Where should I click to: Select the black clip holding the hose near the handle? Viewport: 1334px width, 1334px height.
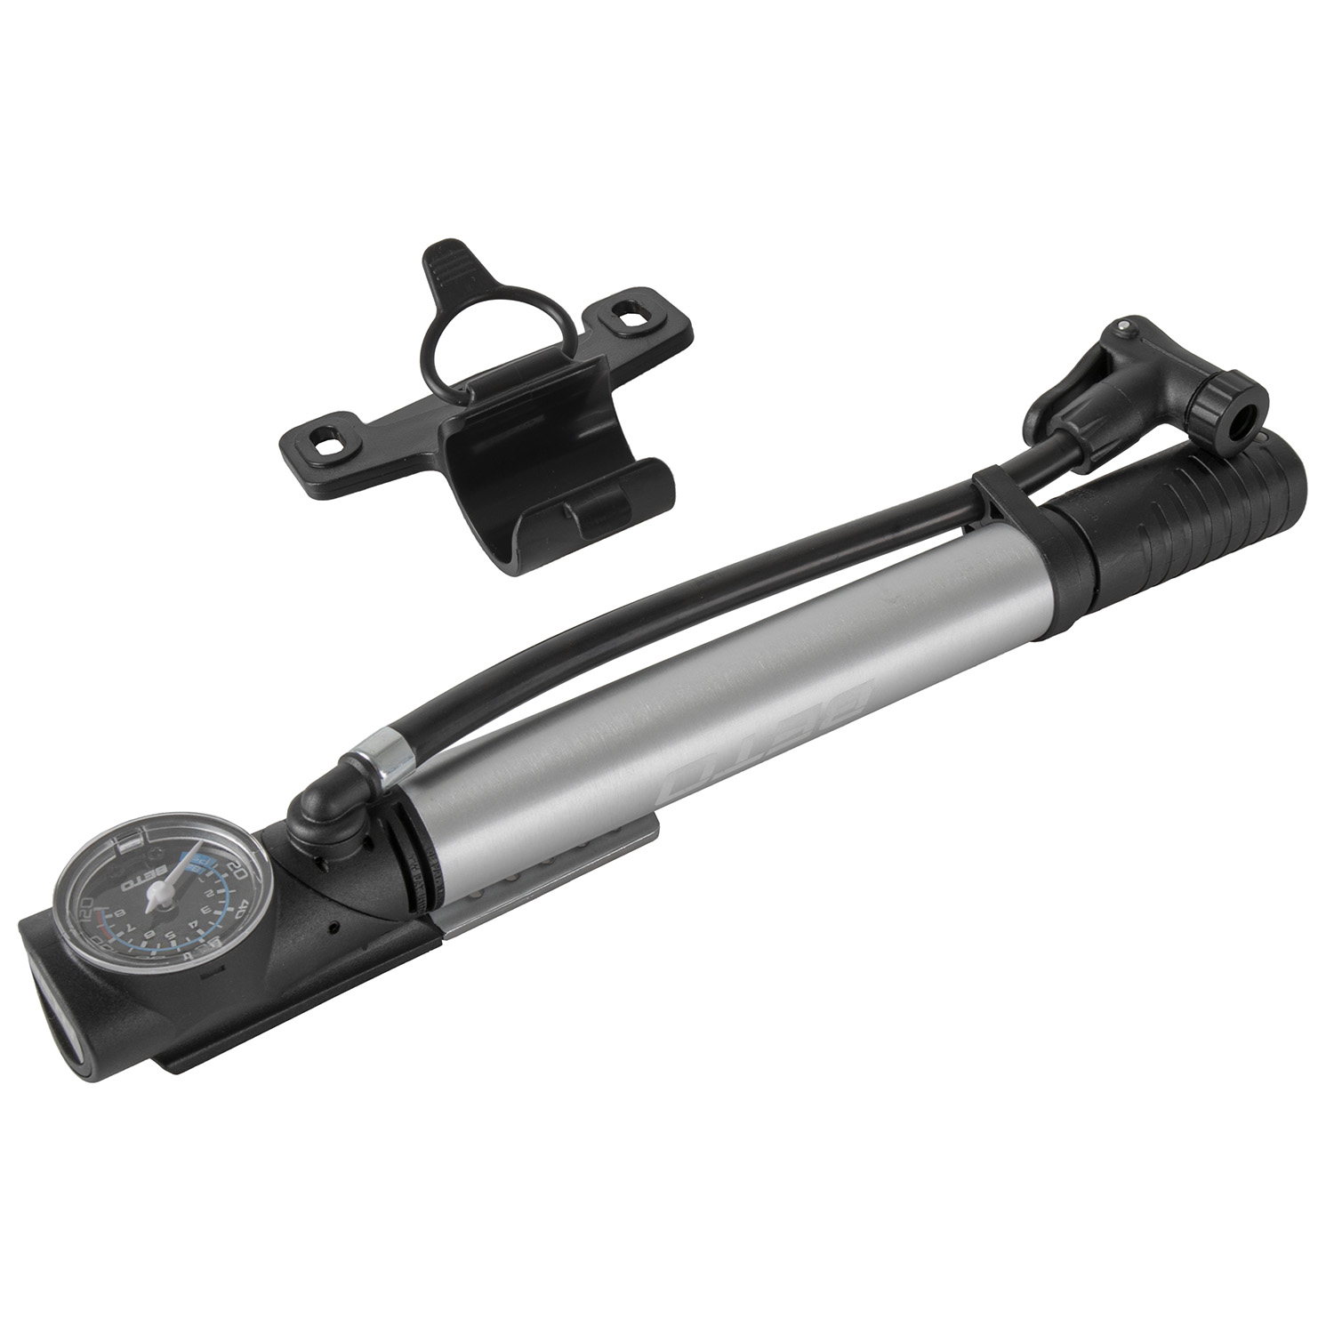pyautogui.click(x=1005, y=507)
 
